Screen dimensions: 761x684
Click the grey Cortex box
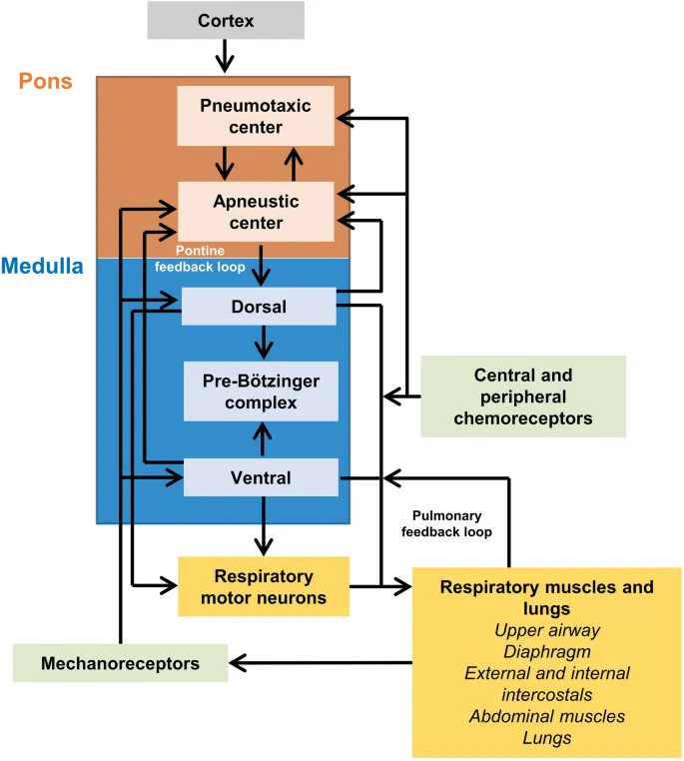pyautogui.click(x=225, y=20)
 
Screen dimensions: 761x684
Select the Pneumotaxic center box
pyautogui.click(x=255, y=116)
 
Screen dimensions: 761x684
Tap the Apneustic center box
pyautogui.click(x=255, y=212)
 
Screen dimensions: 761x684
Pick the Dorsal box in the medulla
pyautogui.click(x=259, y=307)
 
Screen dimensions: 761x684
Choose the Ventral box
pyautogui.click(x=261, y=477)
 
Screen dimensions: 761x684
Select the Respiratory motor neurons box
pyautogui.click(x=263, y=586)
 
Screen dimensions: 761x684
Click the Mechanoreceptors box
pyautogui.click(x=120, y=663)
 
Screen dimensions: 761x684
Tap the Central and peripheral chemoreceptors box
pyautogui.click(x=522, y=396)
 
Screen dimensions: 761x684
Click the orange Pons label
pyautogui.click(x=46, y=81)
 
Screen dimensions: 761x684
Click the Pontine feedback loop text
pyautogui.click(x=200, y=260)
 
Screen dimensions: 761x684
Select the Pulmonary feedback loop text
pyautogui.click(x=446, y=524)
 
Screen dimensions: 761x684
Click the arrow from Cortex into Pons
pyautogui.click(x=225, y=56)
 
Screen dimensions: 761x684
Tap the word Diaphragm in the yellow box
pyautogui.click(x=546, y=651)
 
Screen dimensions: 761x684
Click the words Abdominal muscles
pyautogui.click(x=546, y=716)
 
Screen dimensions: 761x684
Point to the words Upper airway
pyautogui.click(x=546, y=630)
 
